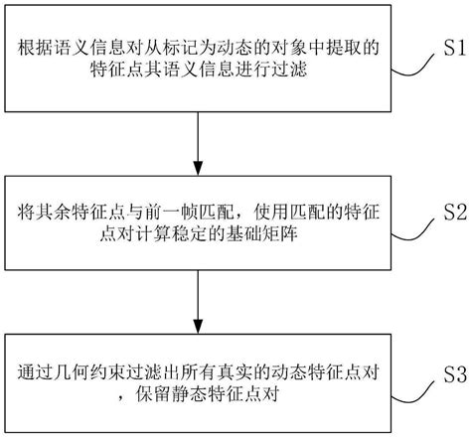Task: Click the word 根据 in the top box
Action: [34, 47]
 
